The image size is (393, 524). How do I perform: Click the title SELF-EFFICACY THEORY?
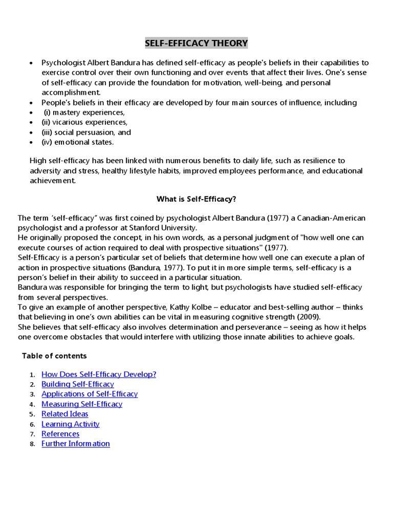pyautogui.click(x=196, y=43)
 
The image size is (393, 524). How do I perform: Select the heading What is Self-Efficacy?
pyautogui.click(x=196, y=198)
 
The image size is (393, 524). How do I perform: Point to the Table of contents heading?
pyautogui.click(x=54, y=356)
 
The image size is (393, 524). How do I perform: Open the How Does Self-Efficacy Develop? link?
pyautogui.click(x=99, y=374)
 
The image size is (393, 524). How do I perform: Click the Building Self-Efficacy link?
pyautogui.click(x=78, y=384)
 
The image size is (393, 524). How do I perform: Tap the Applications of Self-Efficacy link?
pyautogui.click(x=90, y=394)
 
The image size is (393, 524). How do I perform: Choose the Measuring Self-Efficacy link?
pyautogui.click(x=82, y=404)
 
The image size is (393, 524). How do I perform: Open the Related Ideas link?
pyautogui.click(x=64, y=414)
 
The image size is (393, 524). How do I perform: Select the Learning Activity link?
pyautogui.click(x=71, y=424)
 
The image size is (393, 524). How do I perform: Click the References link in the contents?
pyautogui.click(x=60, y=434)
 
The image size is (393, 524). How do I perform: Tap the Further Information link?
pyautogui.click(x=76, y=444)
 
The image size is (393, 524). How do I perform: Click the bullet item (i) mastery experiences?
pyautogui.click(x=84, y=112)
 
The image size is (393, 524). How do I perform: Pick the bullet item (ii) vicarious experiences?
pyautogui.click(x=84, y=122)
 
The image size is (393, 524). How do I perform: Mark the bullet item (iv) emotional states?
pyautogui.click(x=78, y=142)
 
